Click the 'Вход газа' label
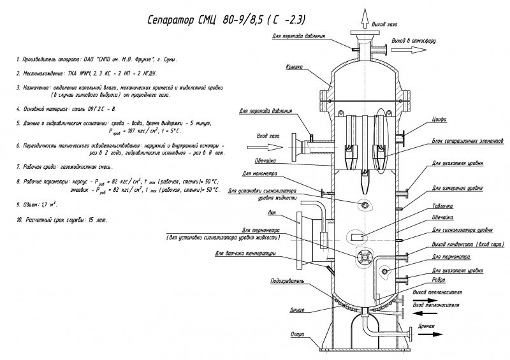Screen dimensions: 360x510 click(268, 136)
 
